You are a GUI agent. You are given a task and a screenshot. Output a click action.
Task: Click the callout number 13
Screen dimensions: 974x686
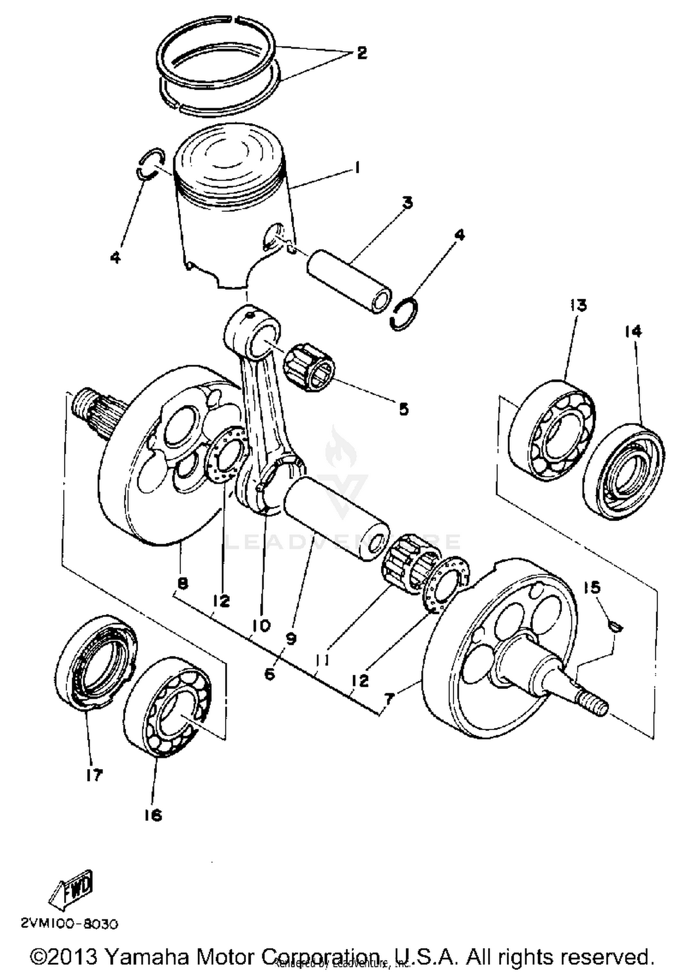click(x=578, y=305)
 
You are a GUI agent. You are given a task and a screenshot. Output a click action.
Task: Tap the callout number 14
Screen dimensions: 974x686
click(x=633, y=331)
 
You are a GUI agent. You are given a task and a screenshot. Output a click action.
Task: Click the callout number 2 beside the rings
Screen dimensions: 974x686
click(x=361, y=53)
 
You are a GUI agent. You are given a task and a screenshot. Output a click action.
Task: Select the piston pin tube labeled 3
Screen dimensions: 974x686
click(x=348, y=281)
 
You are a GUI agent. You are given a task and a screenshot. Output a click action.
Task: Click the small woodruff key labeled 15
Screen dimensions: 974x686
click(x=616, y=625)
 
